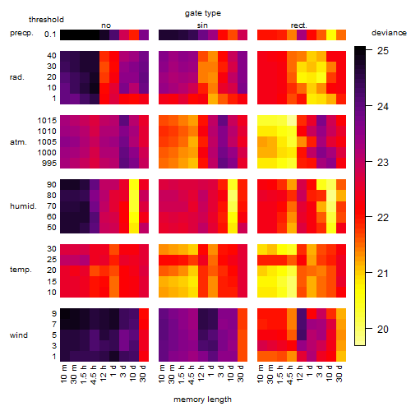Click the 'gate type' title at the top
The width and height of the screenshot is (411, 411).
tap(203, 13)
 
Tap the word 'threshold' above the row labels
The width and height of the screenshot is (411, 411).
tap(46, 20)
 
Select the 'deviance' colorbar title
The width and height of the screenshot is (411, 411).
tap(389, 33)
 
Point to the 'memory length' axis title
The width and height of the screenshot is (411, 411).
tap(202, 399)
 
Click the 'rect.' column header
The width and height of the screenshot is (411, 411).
tap(299, 25)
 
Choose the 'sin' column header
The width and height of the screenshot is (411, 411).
tap(202, 25)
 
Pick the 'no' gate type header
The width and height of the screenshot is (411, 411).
tap(106, 25)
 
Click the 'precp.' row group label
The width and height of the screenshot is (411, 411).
tap(21, 33)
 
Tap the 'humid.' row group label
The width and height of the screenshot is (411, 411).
tap(23, 206)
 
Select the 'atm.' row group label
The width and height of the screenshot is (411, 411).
tap(18, 142)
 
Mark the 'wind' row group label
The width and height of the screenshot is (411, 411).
tap(19, 335)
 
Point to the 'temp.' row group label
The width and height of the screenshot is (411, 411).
tap(21, 270)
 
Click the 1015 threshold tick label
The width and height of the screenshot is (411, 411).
tap(47, 121)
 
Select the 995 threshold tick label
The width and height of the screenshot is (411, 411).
tap(49, 164)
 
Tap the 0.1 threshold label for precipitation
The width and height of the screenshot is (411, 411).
tap(50, 35)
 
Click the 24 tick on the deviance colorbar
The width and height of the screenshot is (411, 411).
tap(383, 107)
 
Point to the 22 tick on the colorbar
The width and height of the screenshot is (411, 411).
tap(383, 218)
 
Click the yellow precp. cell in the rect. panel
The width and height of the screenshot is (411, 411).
tap(331, 35)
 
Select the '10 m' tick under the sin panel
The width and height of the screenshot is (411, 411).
tap(162, 373)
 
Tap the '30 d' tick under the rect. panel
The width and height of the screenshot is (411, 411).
tap(339, 373)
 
